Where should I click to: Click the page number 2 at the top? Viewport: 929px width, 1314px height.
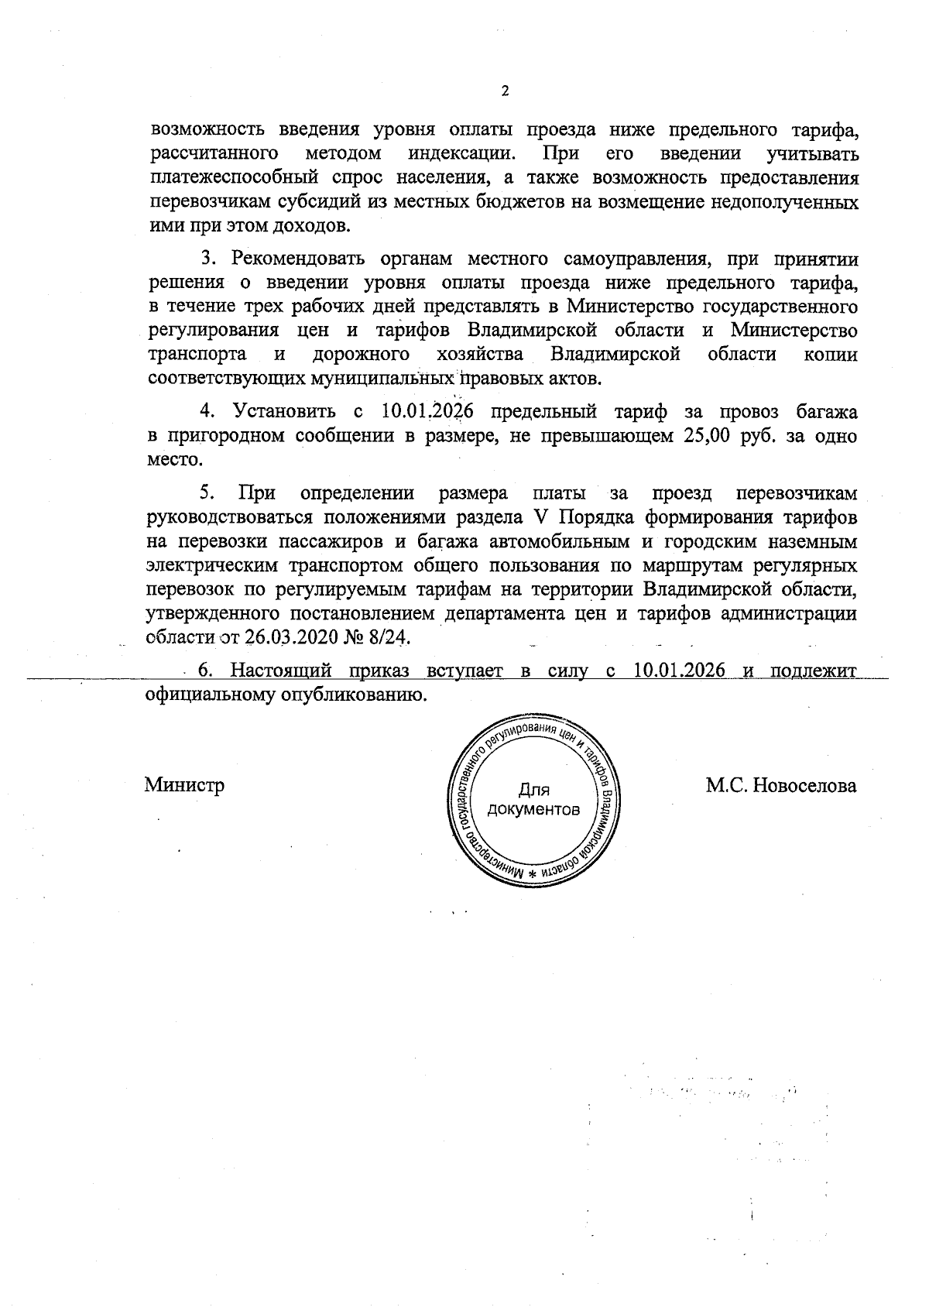point(505,91)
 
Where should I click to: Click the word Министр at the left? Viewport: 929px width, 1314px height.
point(184,785)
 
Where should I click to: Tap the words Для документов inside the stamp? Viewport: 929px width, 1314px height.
point(533,801)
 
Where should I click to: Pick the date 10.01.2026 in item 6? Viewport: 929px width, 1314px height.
point(679,671)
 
